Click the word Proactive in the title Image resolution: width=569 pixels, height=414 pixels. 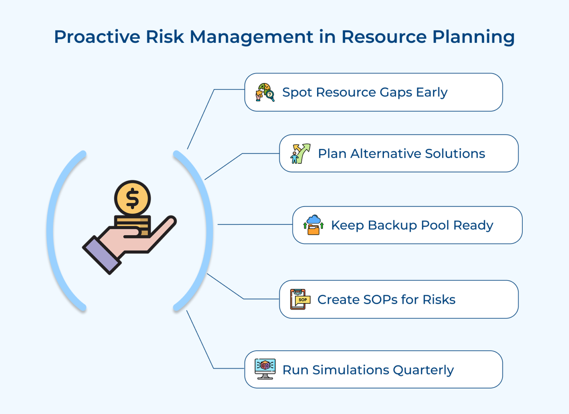click(97, 37)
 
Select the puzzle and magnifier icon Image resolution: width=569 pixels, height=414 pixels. click(265, 92)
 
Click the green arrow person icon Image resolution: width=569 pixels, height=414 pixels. click(300, 154)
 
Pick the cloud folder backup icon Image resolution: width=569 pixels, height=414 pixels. click(313, 225)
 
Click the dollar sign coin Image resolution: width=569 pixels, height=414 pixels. click(132, 198)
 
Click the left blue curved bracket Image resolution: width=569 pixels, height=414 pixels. click(53, 231)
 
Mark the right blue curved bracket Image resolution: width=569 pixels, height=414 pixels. click(207, 231)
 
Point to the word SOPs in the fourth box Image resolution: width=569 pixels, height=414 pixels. click(380, 300)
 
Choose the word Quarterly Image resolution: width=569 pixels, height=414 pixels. click(423, 370)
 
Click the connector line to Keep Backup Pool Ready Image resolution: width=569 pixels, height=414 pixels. click(254, 225)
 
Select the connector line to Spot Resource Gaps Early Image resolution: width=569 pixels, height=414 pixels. click(201, 118)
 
